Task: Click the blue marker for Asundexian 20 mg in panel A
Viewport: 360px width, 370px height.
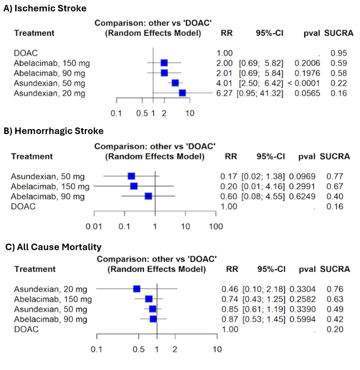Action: click(182, 93)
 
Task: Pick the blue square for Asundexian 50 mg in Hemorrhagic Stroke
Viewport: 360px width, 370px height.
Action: click(131, 176)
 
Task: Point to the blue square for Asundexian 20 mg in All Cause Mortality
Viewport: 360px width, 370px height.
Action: click(137, 289)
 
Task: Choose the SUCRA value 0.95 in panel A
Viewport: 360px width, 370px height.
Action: click(339, 53)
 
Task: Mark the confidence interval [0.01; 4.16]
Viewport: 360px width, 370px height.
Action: click(263, 186)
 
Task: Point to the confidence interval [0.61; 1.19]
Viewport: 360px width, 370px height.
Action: click(263, 309)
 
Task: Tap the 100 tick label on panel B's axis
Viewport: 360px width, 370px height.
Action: click(216, 225)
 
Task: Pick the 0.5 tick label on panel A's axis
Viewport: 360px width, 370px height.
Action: click(142, 113)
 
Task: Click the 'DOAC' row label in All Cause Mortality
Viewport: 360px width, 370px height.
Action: click(26, 329)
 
